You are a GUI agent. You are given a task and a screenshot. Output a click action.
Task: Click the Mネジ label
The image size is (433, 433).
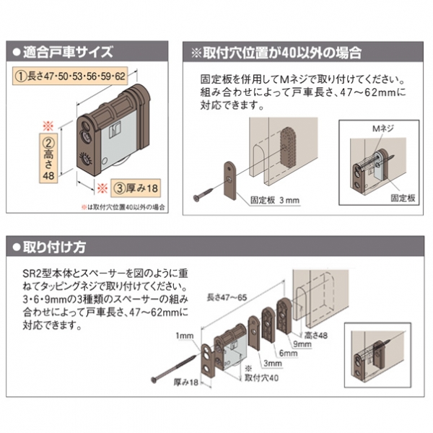[380, 128]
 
